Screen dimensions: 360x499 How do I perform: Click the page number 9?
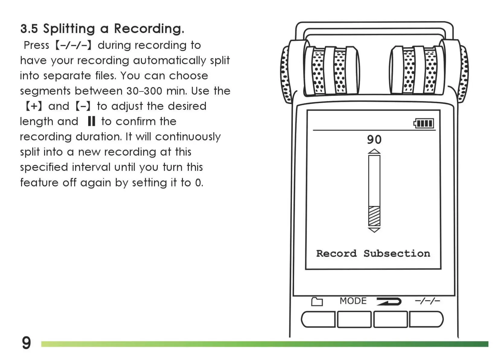pyautogui.click(x=26, y=343)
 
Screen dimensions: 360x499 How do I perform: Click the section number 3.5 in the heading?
pyautogui.click(x=29, y=29)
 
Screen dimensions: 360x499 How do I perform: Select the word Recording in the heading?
pyautogui.click(x=149, y=29)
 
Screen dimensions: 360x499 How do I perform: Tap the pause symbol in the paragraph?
pyautogui.click(x=91, y=121)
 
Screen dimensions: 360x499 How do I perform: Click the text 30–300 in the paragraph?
pyautogui.click(x=145, y=91)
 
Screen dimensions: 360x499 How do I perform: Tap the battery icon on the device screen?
pyautogui.click(x=424, y=123)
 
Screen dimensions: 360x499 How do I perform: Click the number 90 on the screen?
pyautogui.click(x=374, y=140)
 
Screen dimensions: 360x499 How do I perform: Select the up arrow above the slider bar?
pyautogui.click(x=374, y=151)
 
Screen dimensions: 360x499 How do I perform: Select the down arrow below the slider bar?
pyautogui.click(x=374, y=230)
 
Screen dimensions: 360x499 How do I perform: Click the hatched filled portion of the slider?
pyautogui.click(x=374, y=216)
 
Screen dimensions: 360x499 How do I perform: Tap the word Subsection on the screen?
pyautogui.click(x=397, y=253)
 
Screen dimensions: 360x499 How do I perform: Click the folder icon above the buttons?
pyautogui.click(x=317, y=301)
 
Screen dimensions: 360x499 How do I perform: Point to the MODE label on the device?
pyautogui.click(x=353, y=301)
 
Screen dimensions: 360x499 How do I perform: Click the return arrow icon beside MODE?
pyautogui.click(x=389, y=301)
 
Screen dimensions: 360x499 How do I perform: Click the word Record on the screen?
pyautogui.click(x=336, y=253)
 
